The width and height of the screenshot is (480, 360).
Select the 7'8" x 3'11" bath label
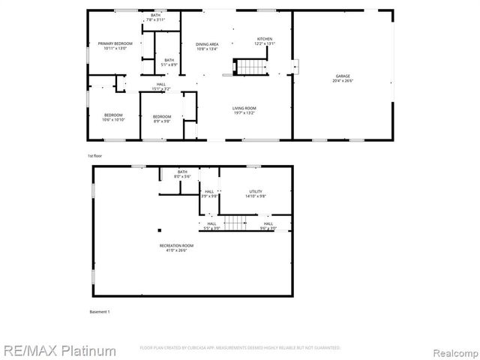[x=155, y=17]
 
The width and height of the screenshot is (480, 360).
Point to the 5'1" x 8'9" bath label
[x=169, y=62]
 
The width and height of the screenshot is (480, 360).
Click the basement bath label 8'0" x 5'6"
[x=182, y=174]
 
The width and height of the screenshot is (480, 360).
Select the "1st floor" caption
[x=94, y=155]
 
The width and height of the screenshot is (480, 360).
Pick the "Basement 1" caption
[x=99, y=310]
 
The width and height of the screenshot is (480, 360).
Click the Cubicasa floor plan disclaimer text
[x=240, y=348]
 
